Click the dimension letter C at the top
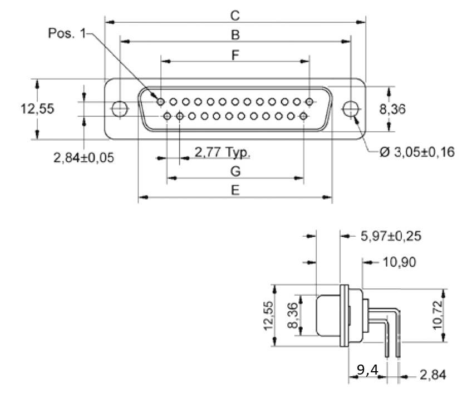235,16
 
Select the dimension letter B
235,35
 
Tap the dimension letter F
235,55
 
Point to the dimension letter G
235,171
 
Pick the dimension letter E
235,191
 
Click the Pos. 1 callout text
67,34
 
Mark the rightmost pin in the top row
309,102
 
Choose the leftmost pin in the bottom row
168,116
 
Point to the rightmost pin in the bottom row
303,116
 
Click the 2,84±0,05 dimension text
83,157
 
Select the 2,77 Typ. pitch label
222,151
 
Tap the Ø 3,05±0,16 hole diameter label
417,152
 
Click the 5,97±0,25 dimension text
391,236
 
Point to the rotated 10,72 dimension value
439,315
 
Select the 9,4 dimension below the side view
367,370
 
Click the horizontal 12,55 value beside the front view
38,108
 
